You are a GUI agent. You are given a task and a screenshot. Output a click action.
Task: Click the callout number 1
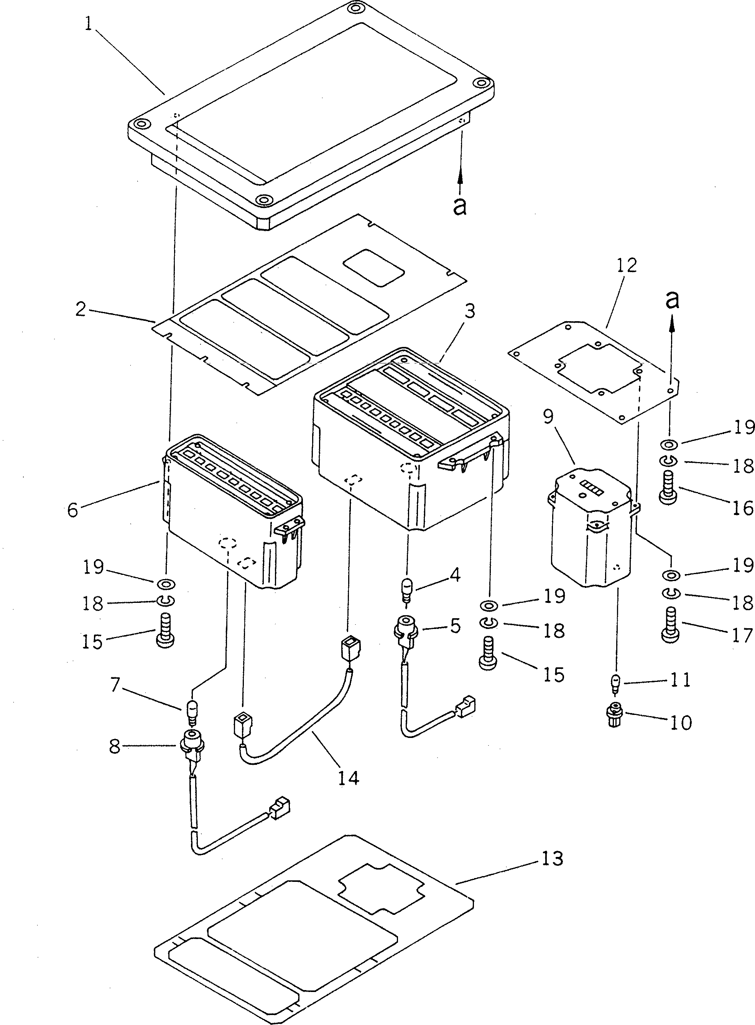pos(89,24)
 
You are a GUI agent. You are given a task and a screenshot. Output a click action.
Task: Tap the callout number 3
pos(469,311)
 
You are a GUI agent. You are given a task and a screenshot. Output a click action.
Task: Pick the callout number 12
pos(626,265)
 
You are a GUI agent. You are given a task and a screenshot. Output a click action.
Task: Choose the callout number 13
pos(553,858)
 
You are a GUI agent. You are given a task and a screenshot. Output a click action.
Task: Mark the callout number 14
pos(349,777)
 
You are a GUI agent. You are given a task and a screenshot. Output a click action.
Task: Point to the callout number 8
pos(115,747)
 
